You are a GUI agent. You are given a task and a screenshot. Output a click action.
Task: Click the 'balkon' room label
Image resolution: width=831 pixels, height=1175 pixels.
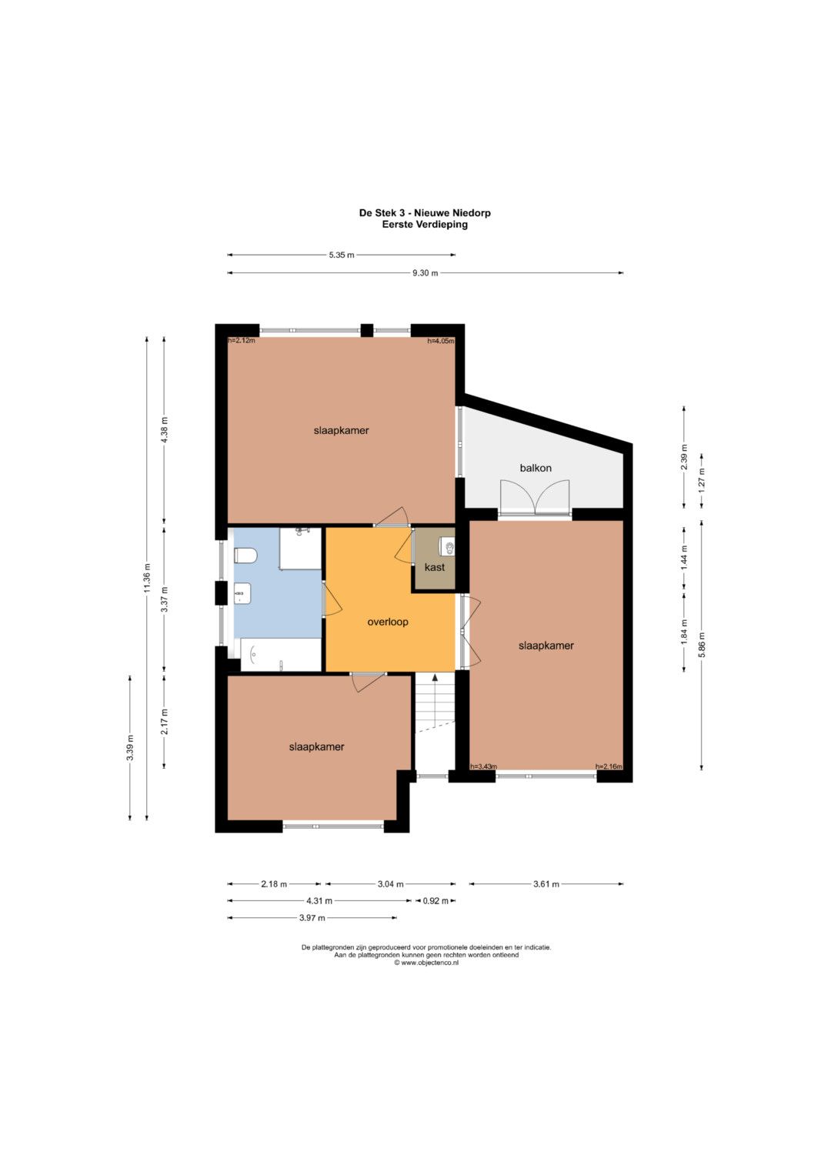click(x=535, y=468)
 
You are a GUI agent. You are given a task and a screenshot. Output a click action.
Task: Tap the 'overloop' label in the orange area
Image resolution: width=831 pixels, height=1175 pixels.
click(x=387, y=622)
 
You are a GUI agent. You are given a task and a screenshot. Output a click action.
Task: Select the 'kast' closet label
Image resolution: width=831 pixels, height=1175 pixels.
click(x=435, y=567)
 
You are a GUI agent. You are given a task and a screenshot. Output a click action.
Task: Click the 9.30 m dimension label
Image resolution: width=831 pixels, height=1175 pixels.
click(x=425, y=272)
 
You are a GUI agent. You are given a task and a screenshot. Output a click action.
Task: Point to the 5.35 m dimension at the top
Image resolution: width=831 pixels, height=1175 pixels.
click(x=342, y=255)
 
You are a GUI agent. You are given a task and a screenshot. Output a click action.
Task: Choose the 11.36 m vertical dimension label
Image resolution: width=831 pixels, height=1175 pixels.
click(x=147, y=578)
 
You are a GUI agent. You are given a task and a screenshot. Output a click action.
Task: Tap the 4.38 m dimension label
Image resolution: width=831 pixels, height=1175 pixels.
click(x=165, y=430)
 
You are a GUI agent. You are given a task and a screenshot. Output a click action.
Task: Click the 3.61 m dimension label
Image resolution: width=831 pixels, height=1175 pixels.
click(x=546, y=884)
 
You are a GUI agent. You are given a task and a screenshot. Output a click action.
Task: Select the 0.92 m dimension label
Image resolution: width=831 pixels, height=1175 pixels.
click(x=436, y=901)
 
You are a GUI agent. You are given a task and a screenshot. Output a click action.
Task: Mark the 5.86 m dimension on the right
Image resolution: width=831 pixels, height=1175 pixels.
click(x=702, y=645)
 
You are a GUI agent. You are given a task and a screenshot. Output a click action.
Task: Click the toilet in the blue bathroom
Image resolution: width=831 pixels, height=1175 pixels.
click(x=245, y=555)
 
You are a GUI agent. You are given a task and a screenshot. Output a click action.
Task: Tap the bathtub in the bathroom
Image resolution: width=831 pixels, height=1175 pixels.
click(x=281, y=654)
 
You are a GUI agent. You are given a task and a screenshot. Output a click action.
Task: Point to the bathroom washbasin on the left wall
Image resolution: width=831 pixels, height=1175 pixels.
click(x=242, y=593)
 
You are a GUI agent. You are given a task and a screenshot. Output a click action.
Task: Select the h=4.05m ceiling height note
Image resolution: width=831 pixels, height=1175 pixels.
click(x=441, y=341)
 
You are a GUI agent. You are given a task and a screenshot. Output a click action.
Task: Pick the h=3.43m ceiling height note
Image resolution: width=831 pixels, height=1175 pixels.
click(x=483, y=766)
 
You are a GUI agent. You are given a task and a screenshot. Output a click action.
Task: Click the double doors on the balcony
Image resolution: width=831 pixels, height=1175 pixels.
click(x=535, y=496)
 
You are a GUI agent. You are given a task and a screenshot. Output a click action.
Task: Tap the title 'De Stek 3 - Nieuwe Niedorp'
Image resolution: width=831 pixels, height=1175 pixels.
click(x=425, y=213)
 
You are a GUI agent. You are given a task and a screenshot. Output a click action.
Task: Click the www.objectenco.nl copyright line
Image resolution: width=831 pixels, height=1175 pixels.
click(x=426, y=963)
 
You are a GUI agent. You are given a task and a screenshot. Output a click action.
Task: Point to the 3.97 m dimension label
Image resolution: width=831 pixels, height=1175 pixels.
click(x=312, y=918)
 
